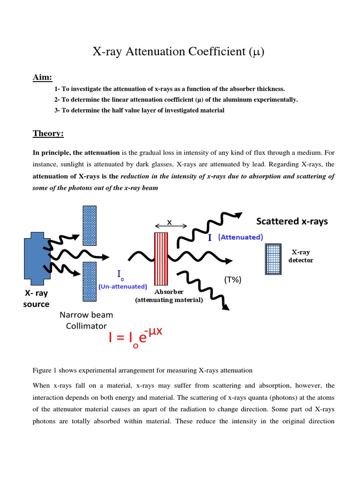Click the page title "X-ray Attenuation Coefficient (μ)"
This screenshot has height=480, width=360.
(x=180, y=52)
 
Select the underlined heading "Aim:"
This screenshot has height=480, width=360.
(x=42, y=77)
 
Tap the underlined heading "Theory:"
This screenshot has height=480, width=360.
(x=48, y=134)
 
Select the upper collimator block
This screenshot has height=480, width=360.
(x=90, y=225)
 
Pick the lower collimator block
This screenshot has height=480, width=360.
(x=90, y=281)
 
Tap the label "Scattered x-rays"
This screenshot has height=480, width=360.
(x=292, y=221)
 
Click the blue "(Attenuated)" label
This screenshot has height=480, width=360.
(x=240, y=237)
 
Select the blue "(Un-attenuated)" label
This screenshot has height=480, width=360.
(x=123, y=286)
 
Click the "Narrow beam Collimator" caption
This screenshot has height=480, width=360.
(x=86, y=320)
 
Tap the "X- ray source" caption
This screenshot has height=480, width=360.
(x=37, y=299)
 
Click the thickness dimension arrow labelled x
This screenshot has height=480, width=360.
(x=170, y=224)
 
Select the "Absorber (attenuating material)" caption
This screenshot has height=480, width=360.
(x=169, y=296)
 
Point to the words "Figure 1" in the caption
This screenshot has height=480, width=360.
(x=45, y=370)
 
